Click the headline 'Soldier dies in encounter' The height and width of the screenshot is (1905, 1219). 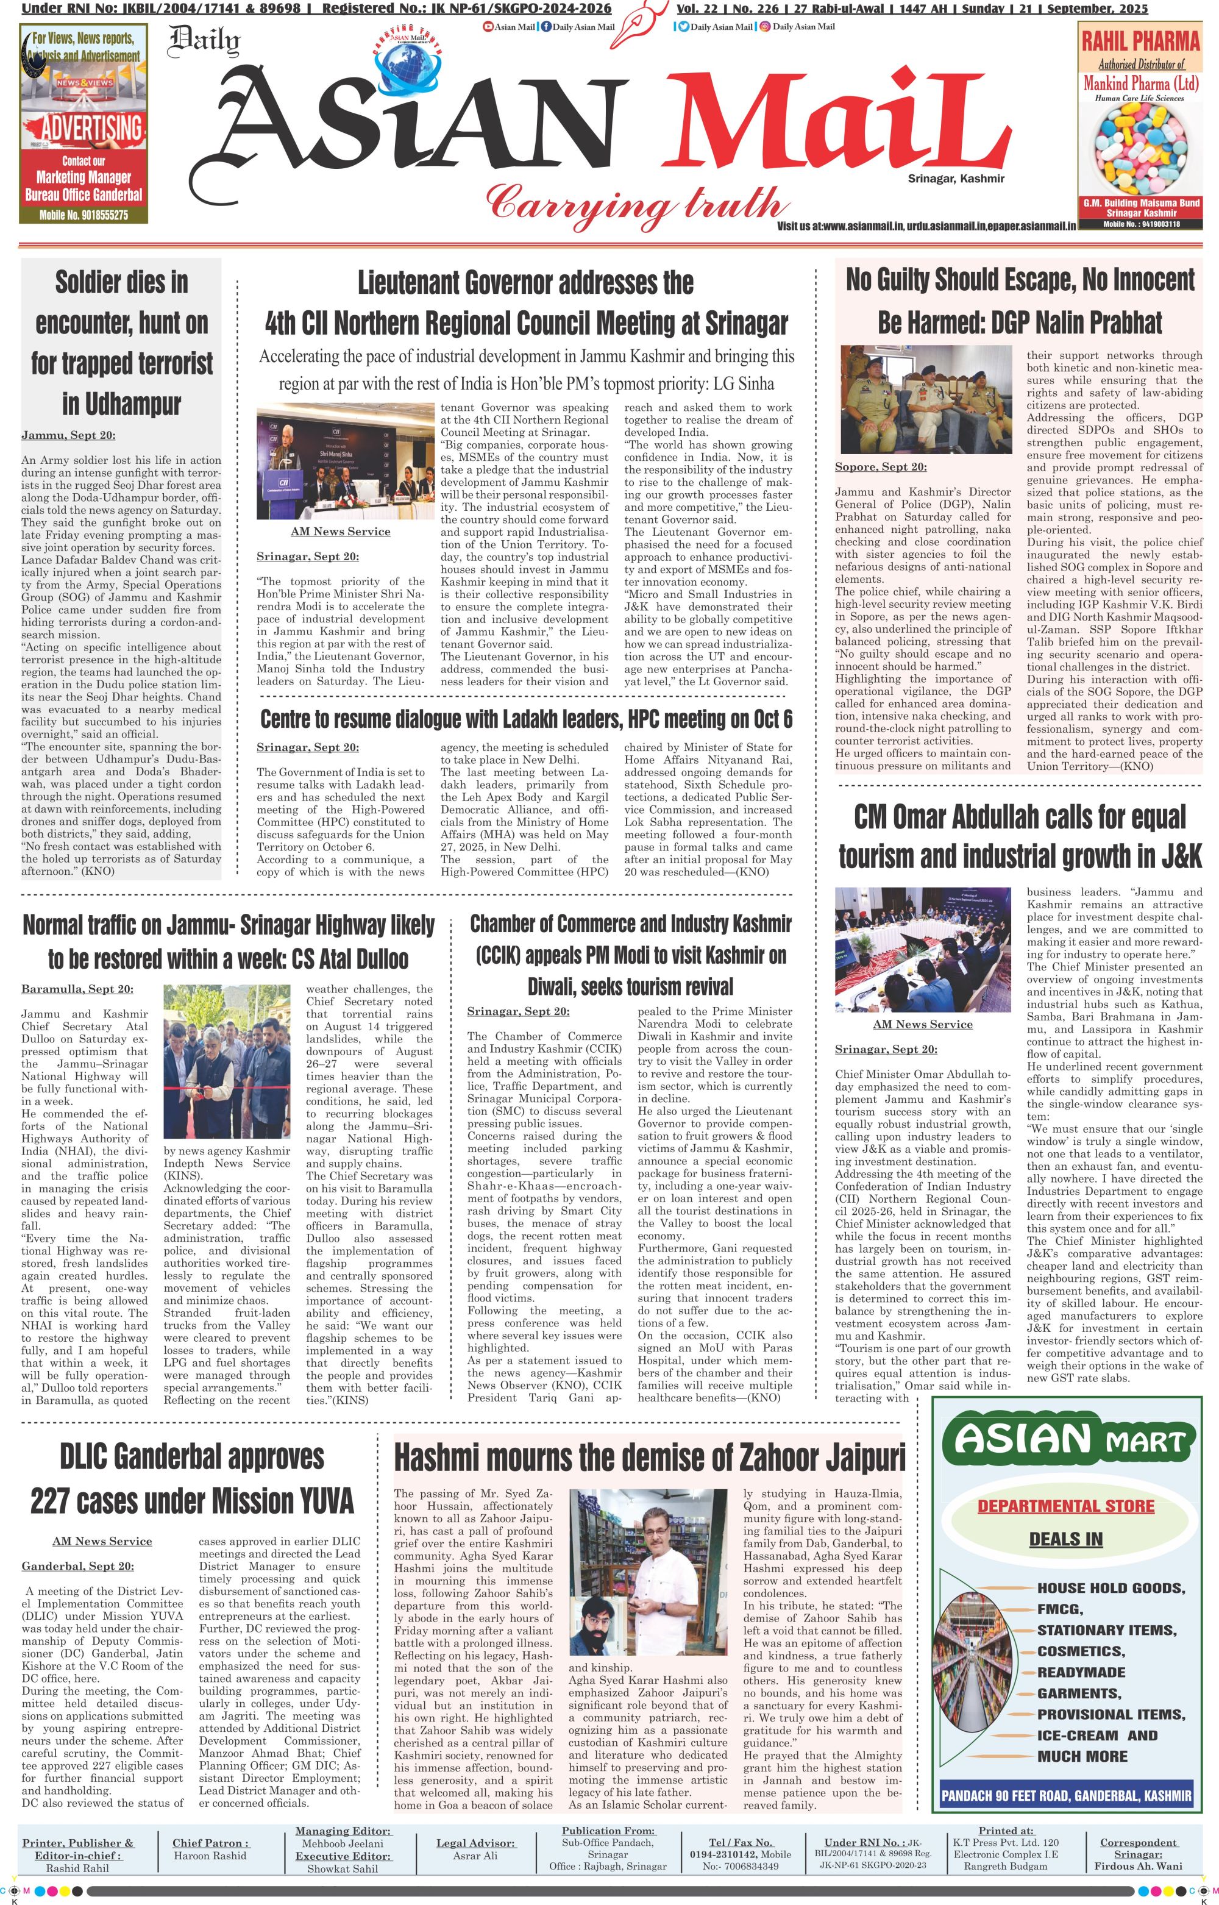pyautogui.click(x=122, y=343)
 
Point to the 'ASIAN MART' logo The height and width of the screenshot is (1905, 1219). pyautogui.click(x=1073, y=1439)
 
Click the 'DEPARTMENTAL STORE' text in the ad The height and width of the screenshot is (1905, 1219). pyautogui.click(x=1065, y=1504)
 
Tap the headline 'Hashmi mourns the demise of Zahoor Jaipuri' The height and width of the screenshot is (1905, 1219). pyautogui.click(x=649, y=1456)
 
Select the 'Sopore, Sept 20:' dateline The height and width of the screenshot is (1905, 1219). pyautogui.click(x=880, y=467)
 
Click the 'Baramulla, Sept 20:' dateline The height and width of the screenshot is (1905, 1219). pyautogui.click(x=77, y=989)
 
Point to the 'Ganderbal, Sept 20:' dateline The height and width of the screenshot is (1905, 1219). pyautogui.click(x=77, y=1566)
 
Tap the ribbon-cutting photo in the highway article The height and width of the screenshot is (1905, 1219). pyautogui.click(x=226, y=1061)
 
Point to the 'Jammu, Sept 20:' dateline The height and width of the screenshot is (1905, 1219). pyautogui.click(x=68, y=435)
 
